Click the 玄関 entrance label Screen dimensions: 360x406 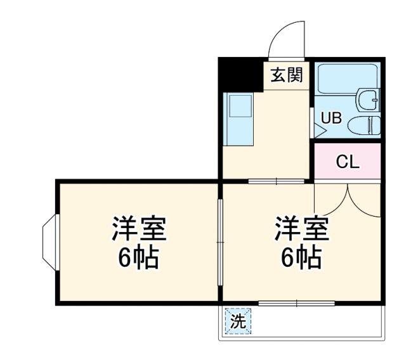pos(287,75)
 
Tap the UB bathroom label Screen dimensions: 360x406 pos(331,118)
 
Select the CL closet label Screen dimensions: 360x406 pos(347,162)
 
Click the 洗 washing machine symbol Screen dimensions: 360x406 pos(237,321)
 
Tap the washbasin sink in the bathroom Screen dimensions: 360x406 pos(369,99)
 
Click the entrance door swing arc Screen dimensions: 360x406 pos(287,38)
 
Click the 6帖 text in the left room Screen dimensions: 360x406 pos(138,257)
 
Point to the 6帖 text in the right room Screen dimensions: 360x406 pos(301,257)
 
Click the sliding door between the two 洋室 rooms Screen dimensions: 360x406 pos(219,242)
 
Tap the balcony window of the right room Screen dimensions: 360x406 pos(296,304)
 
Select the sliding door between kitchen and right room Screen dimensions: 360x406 pos(276,181)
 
